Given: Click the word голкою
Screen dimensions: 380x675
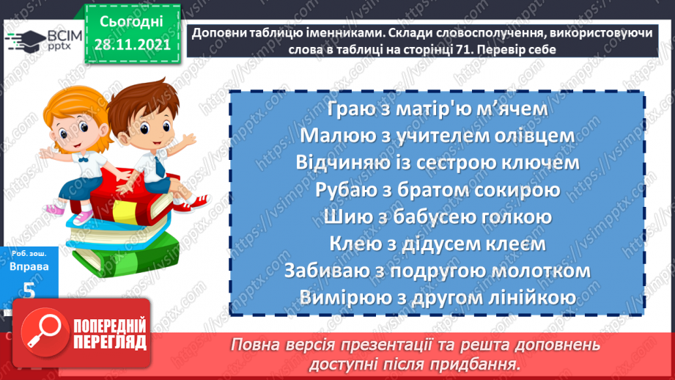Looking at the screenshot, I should [510, 217].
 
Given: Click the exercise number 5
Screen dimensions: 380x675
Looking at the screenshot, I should [29, 291].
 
